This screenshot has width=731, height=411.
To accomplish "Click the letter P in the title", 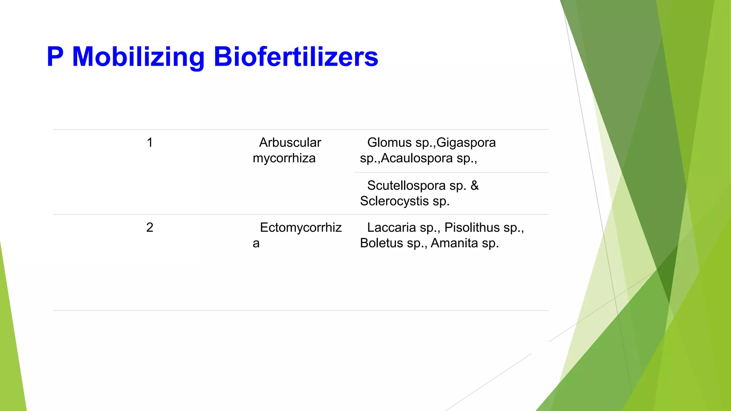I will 55,57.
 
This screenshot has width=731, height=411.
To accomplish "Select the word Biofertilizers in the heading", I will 296,57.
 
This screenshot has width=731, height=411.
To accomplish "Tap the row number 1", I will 150,143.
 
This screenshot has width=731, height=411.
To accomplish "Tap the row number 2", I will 150,228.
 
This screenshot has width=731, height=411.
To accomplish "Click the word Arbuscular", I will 290,143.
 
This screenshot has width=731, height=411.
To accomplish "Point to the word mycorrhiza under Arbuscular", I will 284,158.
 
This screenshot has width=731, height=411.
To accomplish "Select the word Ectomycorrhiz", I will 301,228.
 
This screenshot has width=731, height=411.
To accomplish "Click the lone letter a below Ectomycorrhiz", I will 256,244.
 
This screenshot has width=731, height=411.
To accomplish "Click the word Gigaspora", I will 466,143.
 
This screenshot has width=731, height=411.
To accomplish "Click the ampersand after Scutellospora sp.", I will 474,186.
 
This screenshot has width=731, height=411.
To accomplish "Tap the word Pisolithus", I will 472,228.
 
